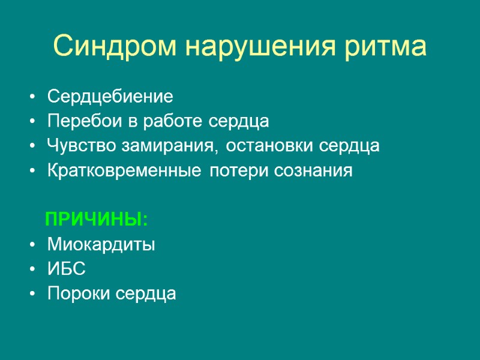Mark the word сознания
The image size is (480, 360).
[x=313, y=171]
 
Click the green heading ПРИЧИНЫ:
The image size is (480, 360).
[x=97, y=220]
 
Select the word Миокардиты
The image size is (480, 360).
[x=101, y=245]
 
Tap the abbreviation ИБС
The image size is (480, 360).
[x=67, y=270]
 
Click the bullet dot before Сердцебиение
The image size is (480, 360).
[x=31, y=97]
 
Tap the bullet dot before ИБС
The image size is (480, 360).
[x=31, y=271]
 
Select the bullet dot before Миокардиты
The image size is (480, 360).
[x=31, y=245]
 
